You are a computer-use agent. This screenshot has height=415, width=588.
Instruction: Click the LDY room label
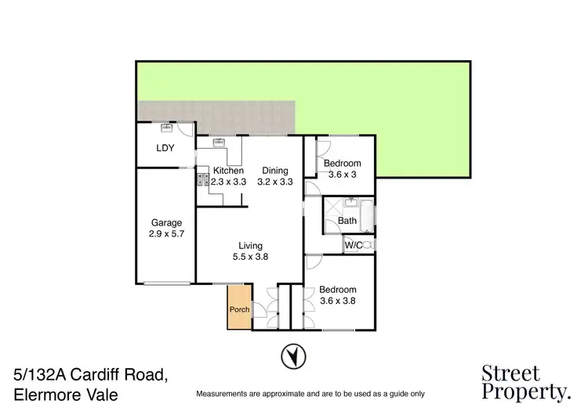pos(165,147)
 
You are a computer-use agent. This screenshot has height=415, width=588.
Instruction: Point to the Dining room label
pos(275,171)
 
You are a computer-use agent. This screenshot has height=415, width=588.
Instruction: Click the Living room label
pos(248,246)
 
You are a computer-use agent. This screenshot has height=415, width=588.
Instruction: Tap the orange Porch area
pos(239,307)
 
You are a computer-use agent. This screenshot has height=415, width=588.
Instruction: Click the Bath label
pos(347,221)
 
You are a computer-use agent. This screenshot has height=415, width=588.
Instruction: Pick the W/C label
pos(353,245)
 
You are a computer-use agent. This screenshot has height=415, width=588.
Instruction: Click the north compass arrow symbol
pos(291,357)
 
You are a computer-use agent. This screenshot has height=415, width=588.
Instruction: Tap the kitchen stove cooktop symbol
pos(203,182)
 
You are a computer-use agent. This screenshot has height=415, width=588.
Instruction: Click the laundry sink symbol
pos(165,128)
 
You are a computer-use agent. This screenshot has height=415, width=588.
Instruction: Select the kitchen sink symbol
pos(219,143)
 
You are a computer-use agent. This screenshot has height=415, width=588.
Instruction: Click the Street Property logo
pos(524,381)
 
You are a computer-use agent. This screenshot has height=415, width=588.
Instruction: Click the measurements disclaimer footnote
pos(310,393)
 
